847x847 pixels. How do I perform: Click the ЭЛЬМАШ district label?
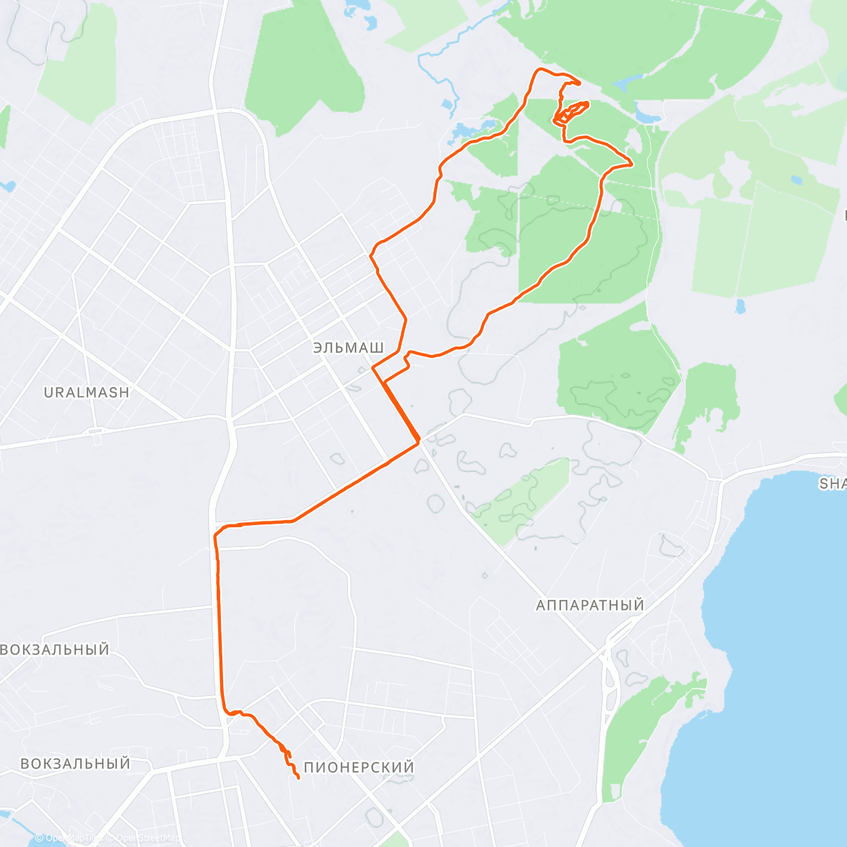pos(349,348)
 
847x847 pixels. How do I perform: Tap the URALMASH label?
pos(87,392)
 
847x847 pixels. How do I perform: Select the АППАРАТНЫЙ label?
pos(589,606)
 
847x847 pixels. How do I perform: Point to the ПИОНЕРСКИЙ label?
pos(359,767)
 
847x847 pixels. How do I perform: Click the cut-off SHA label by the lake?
pos(832,483)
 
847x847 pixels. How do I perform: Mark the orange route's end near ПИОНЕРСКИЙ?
pos(299,778)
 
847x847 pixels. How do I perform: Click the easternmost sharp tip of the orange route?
pos(631,164)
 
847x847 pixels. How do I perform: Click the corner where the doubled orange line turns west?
pos(419,442)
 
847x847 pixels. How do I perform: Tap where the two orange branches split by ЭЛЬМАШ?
pos(375,368)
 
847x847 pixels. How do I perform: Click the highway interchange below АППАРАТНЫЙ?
pos(611,667)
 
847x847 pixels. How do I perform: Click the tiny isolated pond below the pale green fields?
pos(739,306)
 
